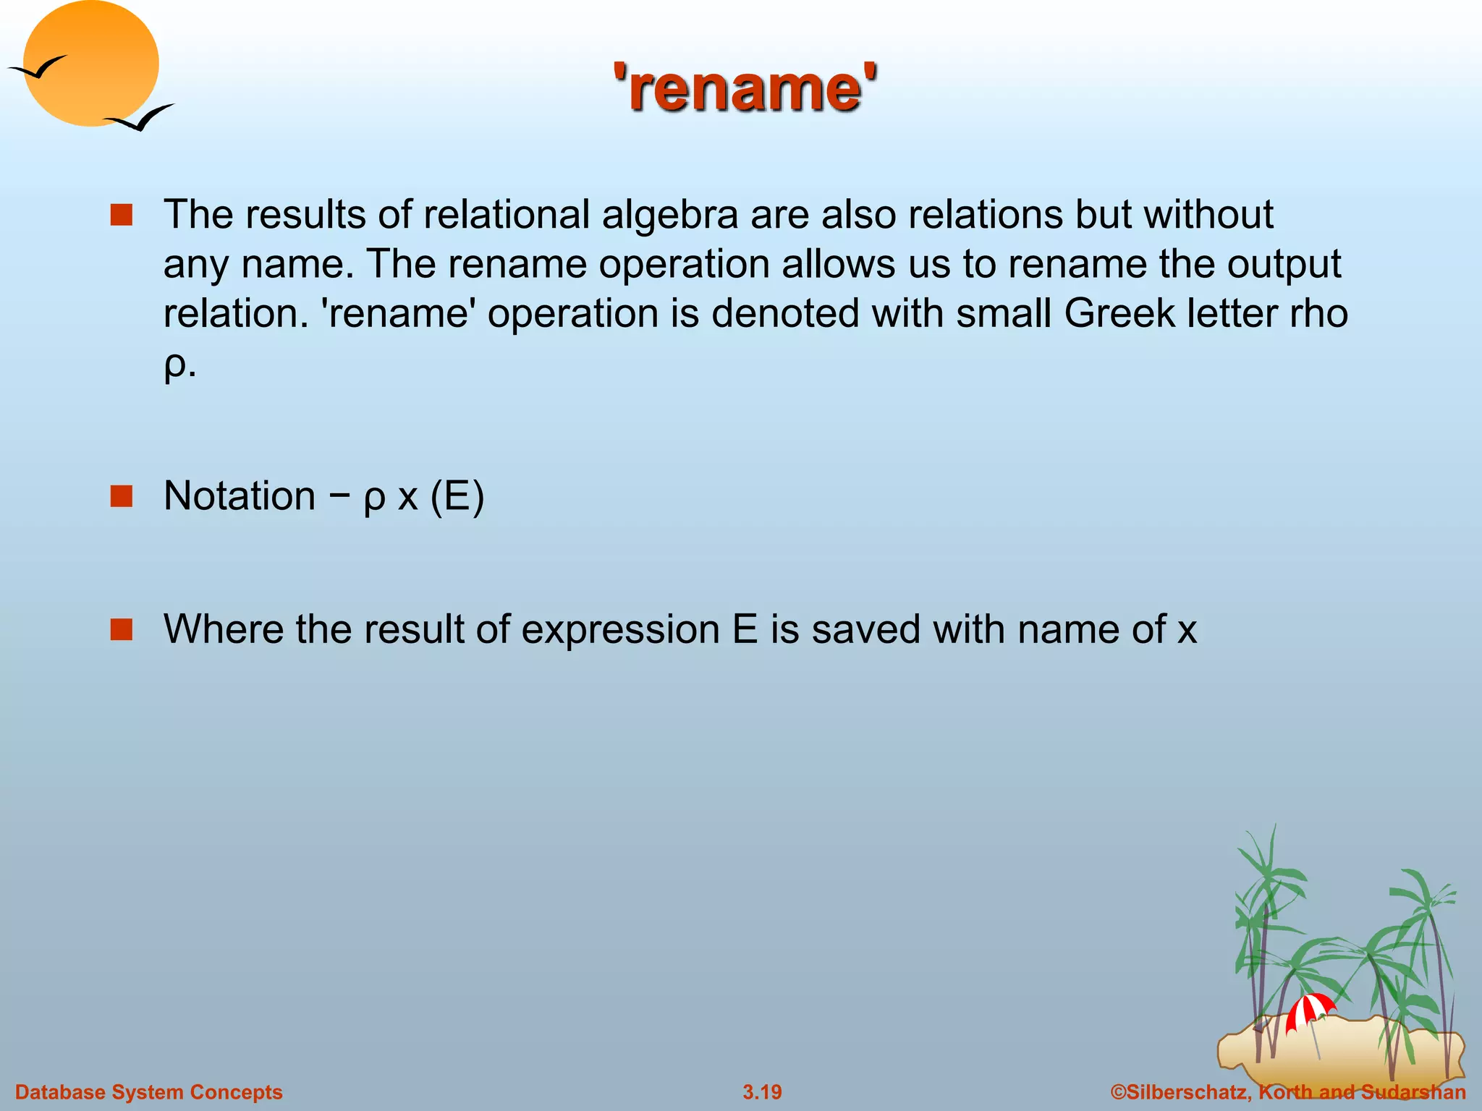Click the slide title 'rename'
(x=745, y=88)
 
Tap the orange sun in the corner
(x=90, y=64)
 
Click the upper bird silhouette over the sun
(x=38, y=68)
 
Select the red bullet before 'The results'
(x=122, y=216)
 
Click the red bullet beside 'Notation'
(x=122, y=496)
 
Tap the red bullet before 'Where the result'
(x=122, y=629)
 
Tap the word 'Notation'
(x=240, y=496)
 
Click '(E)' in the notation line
(x=457, y=496)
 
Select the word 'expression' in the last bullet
(x=619, y=629)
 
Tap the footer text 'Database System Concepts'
(x=149, y=1092)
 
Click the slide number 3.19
(x=762, y=1092)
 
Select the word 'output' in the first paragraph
(x=1284, y=264)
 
